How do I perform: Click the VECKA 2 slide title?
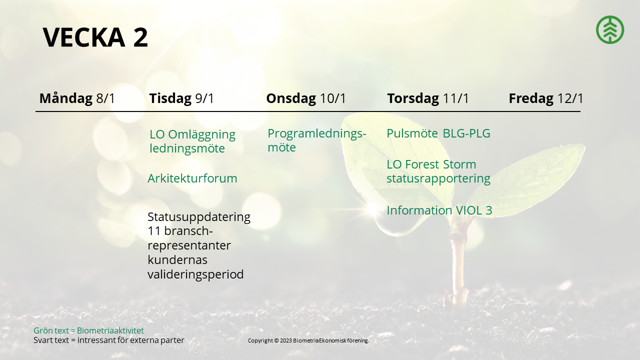click(x=95, y=37)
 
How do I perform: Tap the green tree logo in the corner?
click(x=610, y=29)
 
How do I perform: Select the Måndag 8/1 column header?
click(x=77, y=98)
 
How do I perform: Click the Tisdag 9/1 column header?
click(x=181, y=98)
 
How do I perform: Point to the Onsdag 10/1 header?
click(x=306, y=98)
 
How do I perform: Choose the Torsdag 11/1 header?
click(x=428, y=98)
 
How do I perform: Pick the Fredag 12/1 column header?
click(x=546, y=98)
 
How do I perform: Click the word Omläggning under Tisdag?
click(x=201, y=134)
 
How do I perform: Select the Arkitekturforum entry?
click(x=192, y=178)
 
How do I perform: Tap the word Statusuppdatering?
click(x=199, y=217)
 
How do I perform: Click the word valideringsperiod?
click(x=195, y=274)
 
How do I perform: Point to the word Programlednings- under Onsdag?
click(x=317, y=133)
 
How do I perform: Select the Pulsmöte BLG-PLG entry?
click(x=438, y=133)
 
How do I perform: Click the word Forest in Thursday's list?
click(x=422, y=164)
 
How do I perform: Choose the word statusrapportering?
click(x=438, y=178)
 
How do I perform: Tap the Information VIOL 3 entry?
click(x=439, y=210)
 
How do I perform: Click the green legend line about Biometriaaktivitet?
click(x=89, y=330)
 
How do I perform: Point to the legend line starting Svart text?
click(x=109, y=340)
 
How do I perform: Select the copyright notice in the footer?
click(x=308, y=340)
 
